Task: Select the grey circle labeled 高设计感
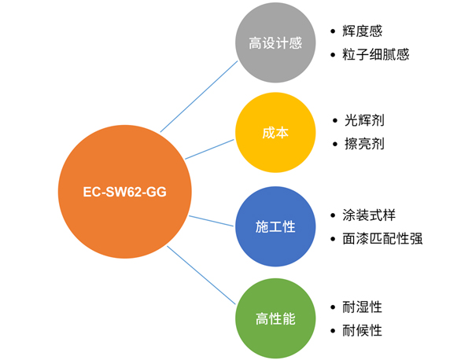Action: coord(275,43)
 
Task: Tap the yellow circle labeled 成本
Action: coord(275,134)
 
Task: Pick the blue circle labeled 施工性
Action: coord(275,226)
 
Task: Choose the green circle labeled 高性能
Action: coord(275,318)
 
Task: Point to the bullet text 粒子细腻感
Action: coord(376,55)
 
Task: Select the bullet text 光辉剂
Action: coord(364,121)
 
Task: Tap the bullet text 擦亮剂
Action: coord(364,145)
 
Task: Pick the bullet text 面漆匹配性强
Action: coord(382,238)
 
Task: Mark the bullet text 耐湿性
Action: coord(363,307)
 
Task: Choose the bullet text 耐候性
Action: coord(363,330)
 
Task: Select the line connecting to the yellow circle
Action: coord(211,149)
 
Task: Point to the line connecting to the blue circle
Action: coord(212,219)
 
